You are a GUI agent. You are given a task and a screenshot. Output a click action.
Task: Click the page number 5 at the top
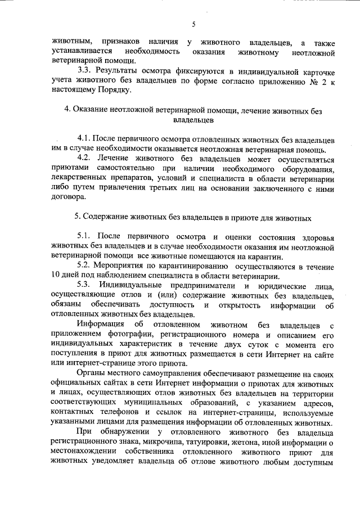coord(193,24)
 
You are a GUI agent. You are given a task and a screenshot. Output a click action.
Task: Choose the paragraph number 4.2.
coord(85,159)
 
